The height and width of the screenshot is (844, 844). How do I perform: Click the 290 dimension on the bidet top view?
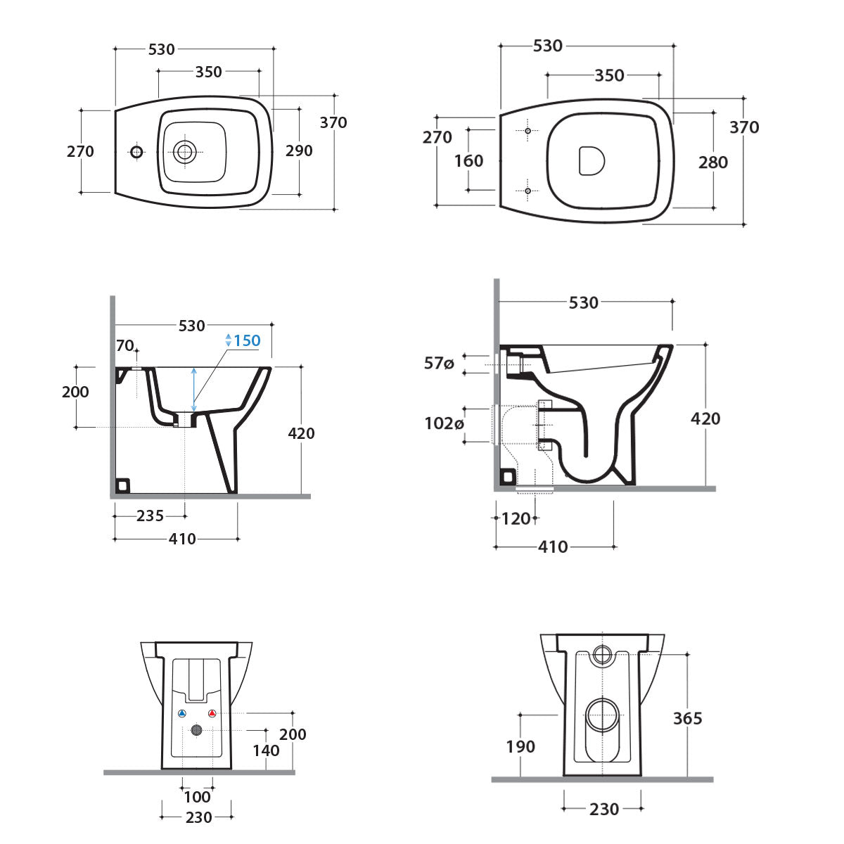[299, 151]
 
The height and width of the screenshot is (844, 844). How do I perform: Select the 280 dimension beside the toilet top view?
[712, 162]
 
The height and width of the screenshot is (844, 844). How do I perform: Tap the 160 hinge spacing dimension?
[468, 160]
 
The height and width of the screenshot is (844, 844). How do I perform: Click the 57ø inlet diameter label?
[439, 363]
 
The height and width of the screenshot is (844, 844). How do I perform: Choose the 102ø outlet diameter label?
[444, 423]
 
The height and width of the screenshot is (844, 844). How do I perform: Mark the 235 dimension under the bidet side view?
[150, 516]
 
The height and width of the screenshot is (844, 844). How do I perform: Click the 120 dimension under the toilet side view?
[516, 519]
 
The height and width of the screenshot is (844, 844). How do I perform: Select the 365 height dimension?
[687, 718]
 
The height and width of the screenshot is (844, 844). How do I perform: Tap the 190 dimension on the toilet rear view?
[520, 746]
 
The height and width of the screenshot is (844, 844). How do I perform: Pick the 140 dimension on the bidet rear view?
[266, 750]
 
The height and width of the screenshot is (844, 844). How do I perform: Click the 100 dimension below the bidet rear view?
[197, 796]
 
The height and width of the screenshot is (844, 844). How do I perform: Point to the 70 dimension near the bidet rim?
[125, 345]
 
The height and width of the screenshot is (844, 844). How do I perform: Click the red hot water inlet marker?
[212, 714]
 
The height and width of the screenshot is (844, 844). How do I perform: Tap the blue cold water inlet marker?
[182, 714]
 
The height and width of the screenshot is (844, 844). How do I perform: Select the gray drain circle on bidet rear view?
[197, 731]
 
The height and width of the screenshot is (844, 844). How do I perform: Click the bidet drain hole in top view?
[186, 151]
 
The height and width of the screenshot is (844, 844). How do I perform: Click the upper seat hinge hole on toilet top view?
[527, 131]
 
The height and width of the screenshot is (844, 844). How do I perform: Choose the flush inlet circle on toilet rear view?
[603, 654]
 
